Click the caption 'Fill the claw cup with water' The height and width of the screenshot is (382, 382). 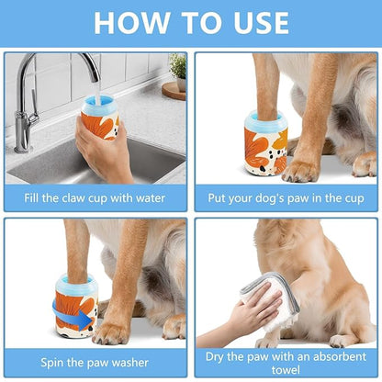95,196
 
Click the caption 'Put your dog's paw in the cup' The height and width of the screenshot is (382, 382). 286,196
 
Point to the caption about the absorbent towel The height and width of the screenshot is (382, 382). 286,360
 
